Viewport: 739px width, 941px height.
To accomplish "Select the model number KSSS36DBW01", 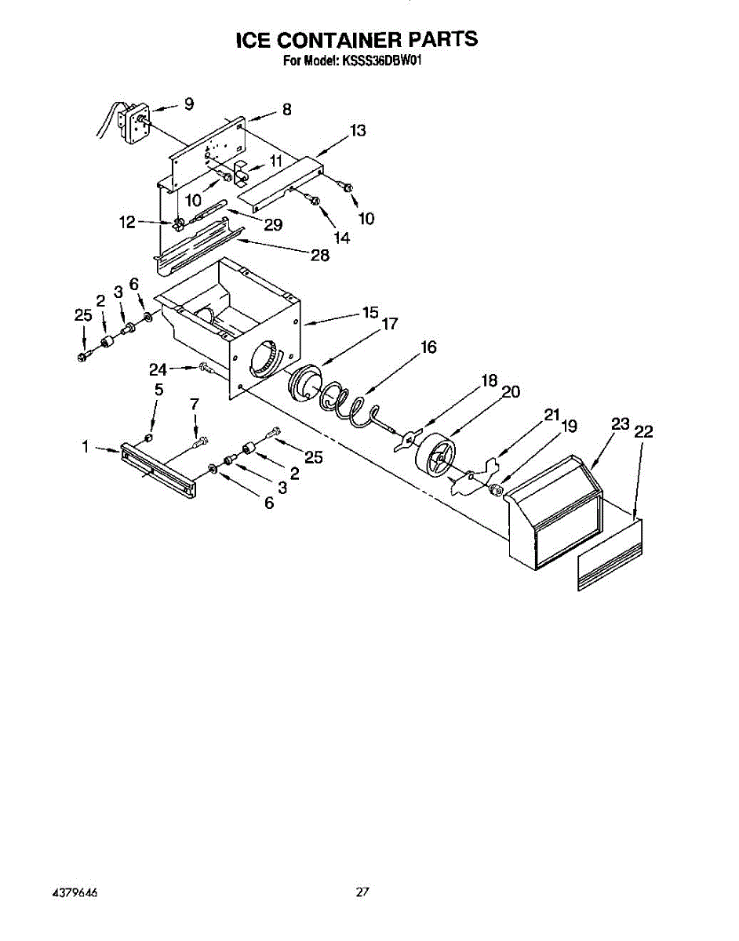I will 383,62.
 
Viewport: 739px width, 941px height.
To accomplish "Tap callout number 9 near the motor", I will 188,104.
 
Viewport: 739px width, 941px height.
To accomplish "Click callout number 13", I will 358,131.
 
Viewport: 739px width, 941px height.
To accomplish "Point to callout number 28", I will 319,255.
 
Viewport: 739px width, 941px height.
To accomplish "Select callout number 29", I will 273,225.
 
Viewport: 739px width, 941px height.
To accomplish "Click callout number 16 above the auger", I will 428,347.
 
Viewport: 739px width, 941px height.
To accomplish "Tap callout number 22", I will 644,431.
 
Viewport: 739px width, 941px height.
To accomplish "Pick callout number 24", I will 158,369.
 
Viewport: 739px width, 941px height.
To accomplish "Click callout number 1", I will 84,447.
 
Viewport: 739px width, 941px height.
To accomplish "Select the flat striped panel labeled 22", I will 610,555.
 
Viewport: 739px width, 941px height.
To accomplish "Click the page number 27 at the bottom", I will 362,892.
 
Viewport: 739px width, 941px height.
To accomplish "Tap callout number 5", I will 158,389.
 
